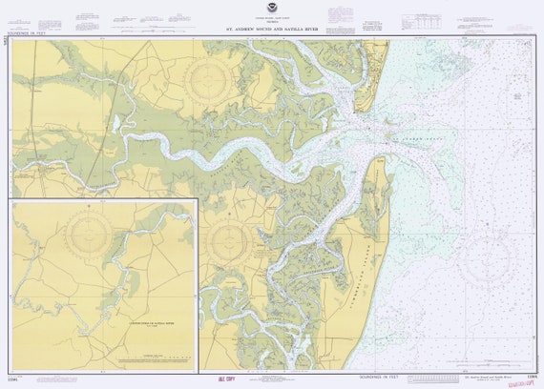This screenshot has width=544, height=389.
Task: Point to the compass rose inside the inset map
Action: [x=93, y=235]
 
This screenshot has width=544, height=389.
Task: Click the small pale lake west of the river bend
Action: [x=116, y=122]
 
